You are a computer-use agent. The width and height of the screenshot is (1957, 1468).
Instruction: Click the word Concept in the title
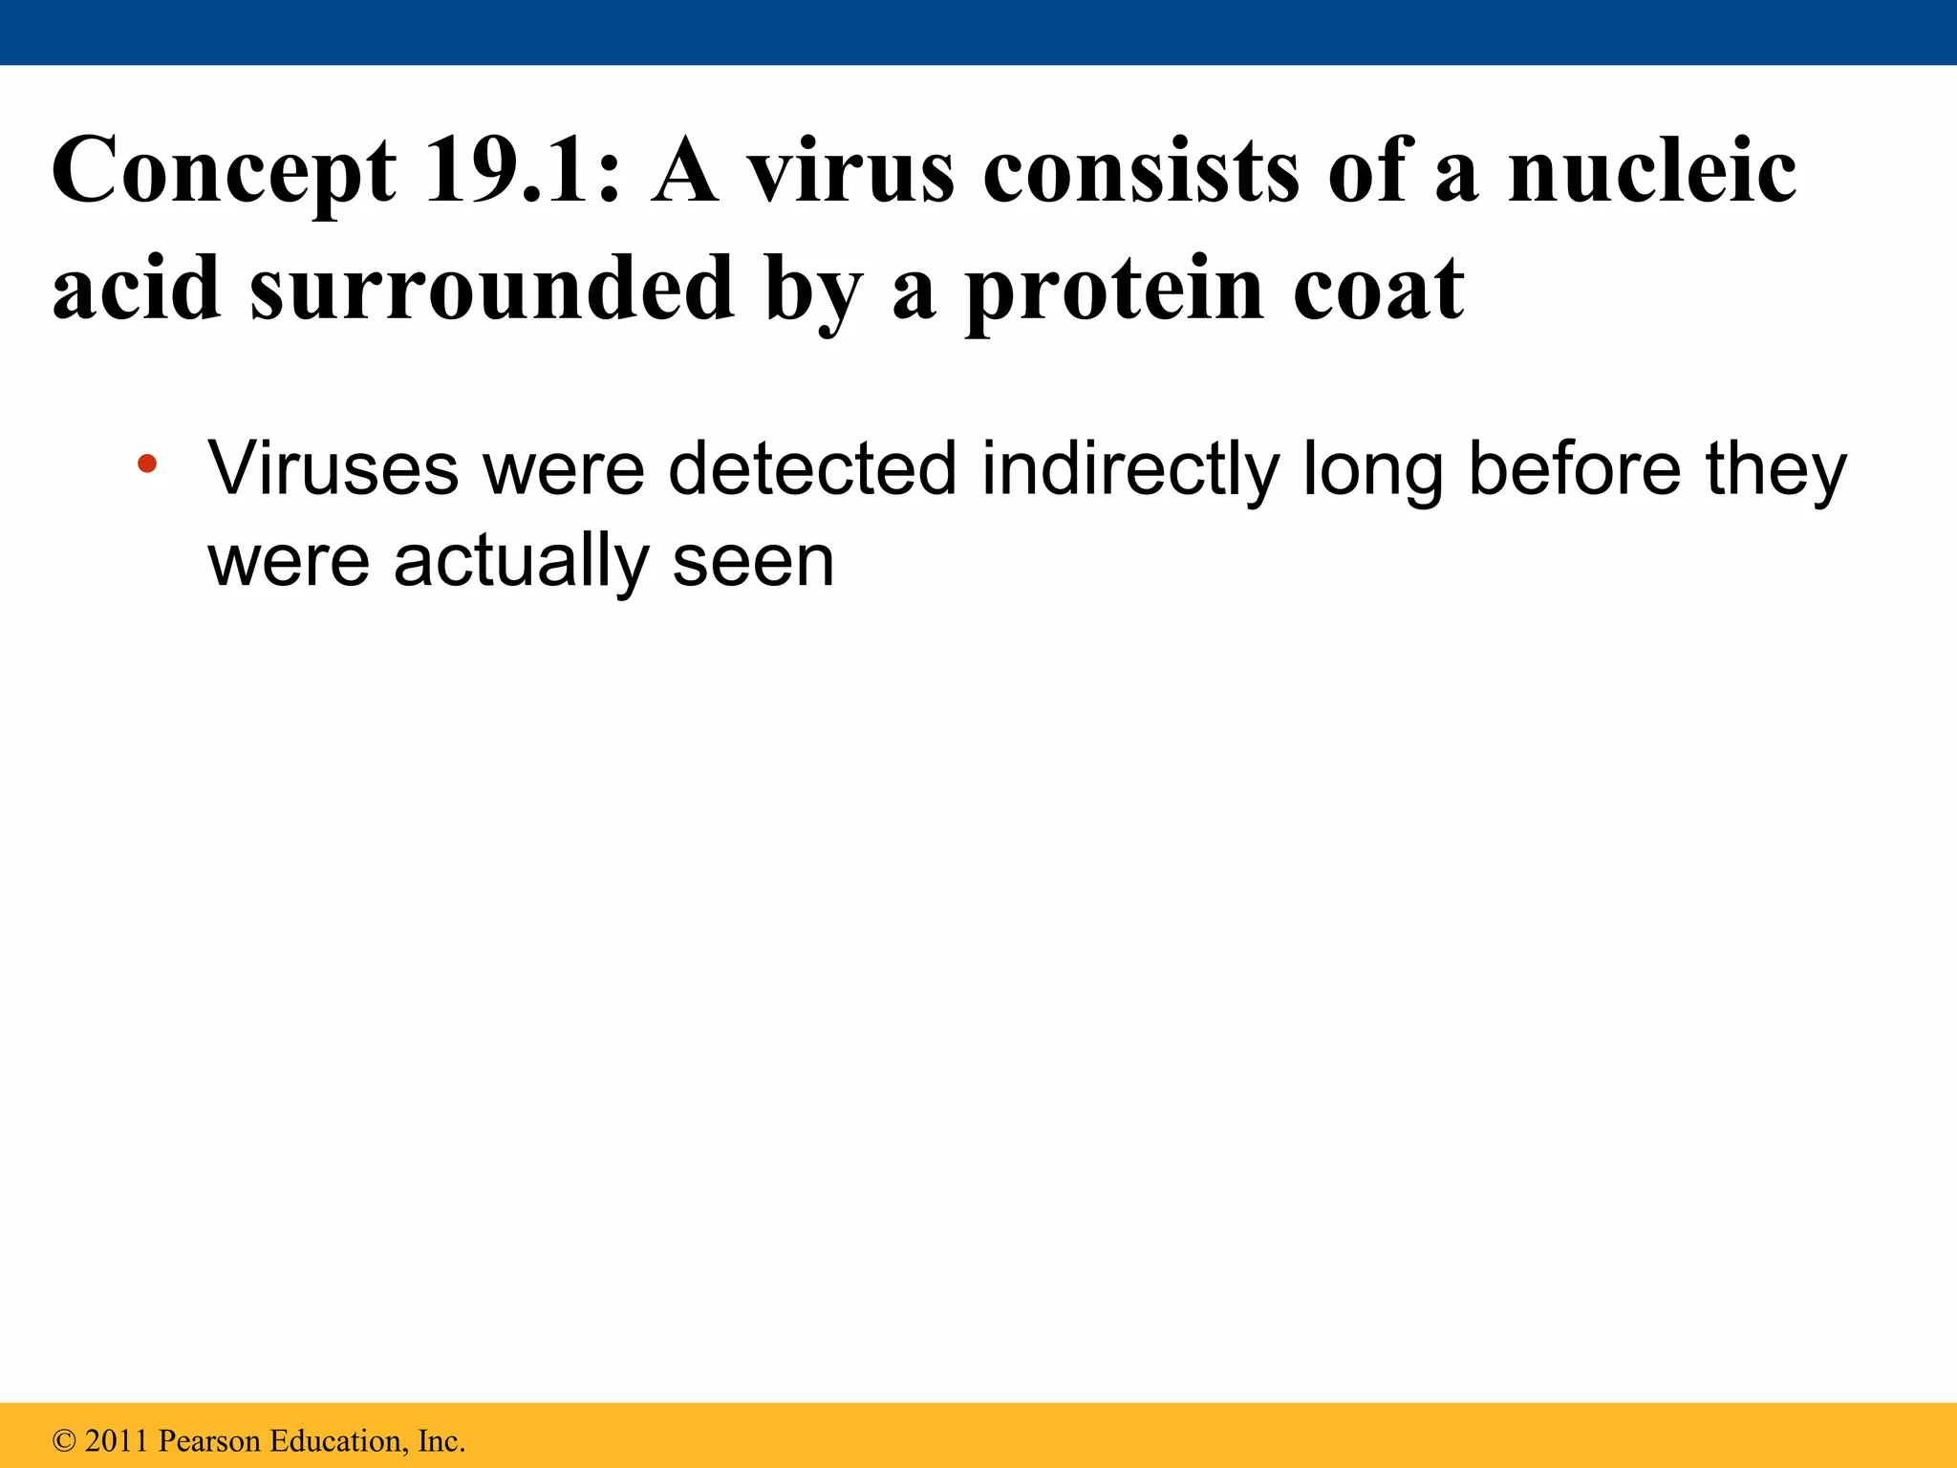point(224,172)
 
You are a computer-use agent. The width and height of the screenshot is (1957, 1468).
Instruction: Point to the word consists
point(1142,172)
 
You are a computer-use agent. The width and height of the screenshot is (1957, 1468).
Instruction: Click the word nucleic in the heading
point(1651,172)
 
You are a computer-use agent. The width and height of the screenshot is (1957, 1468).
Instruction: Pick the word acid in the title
point(136,289)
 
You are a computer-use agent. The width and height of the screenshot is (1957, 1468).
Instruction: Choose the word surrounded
point(491,289)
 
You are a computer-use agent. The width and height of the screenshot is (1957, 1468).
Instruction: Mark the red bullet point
point(146,465)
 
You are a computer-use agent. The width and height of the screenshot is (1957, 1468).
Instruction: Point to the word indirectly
point(1130,470)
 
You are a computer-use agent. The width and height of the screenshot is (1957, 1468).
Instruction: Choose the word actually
point(521,562)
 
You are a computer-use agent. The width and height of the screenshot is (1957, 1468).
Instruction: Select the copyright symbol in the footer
point(64,1441)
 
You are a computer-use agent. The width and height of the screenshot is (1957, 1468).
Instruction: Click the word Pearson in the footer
point(209,1441)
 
